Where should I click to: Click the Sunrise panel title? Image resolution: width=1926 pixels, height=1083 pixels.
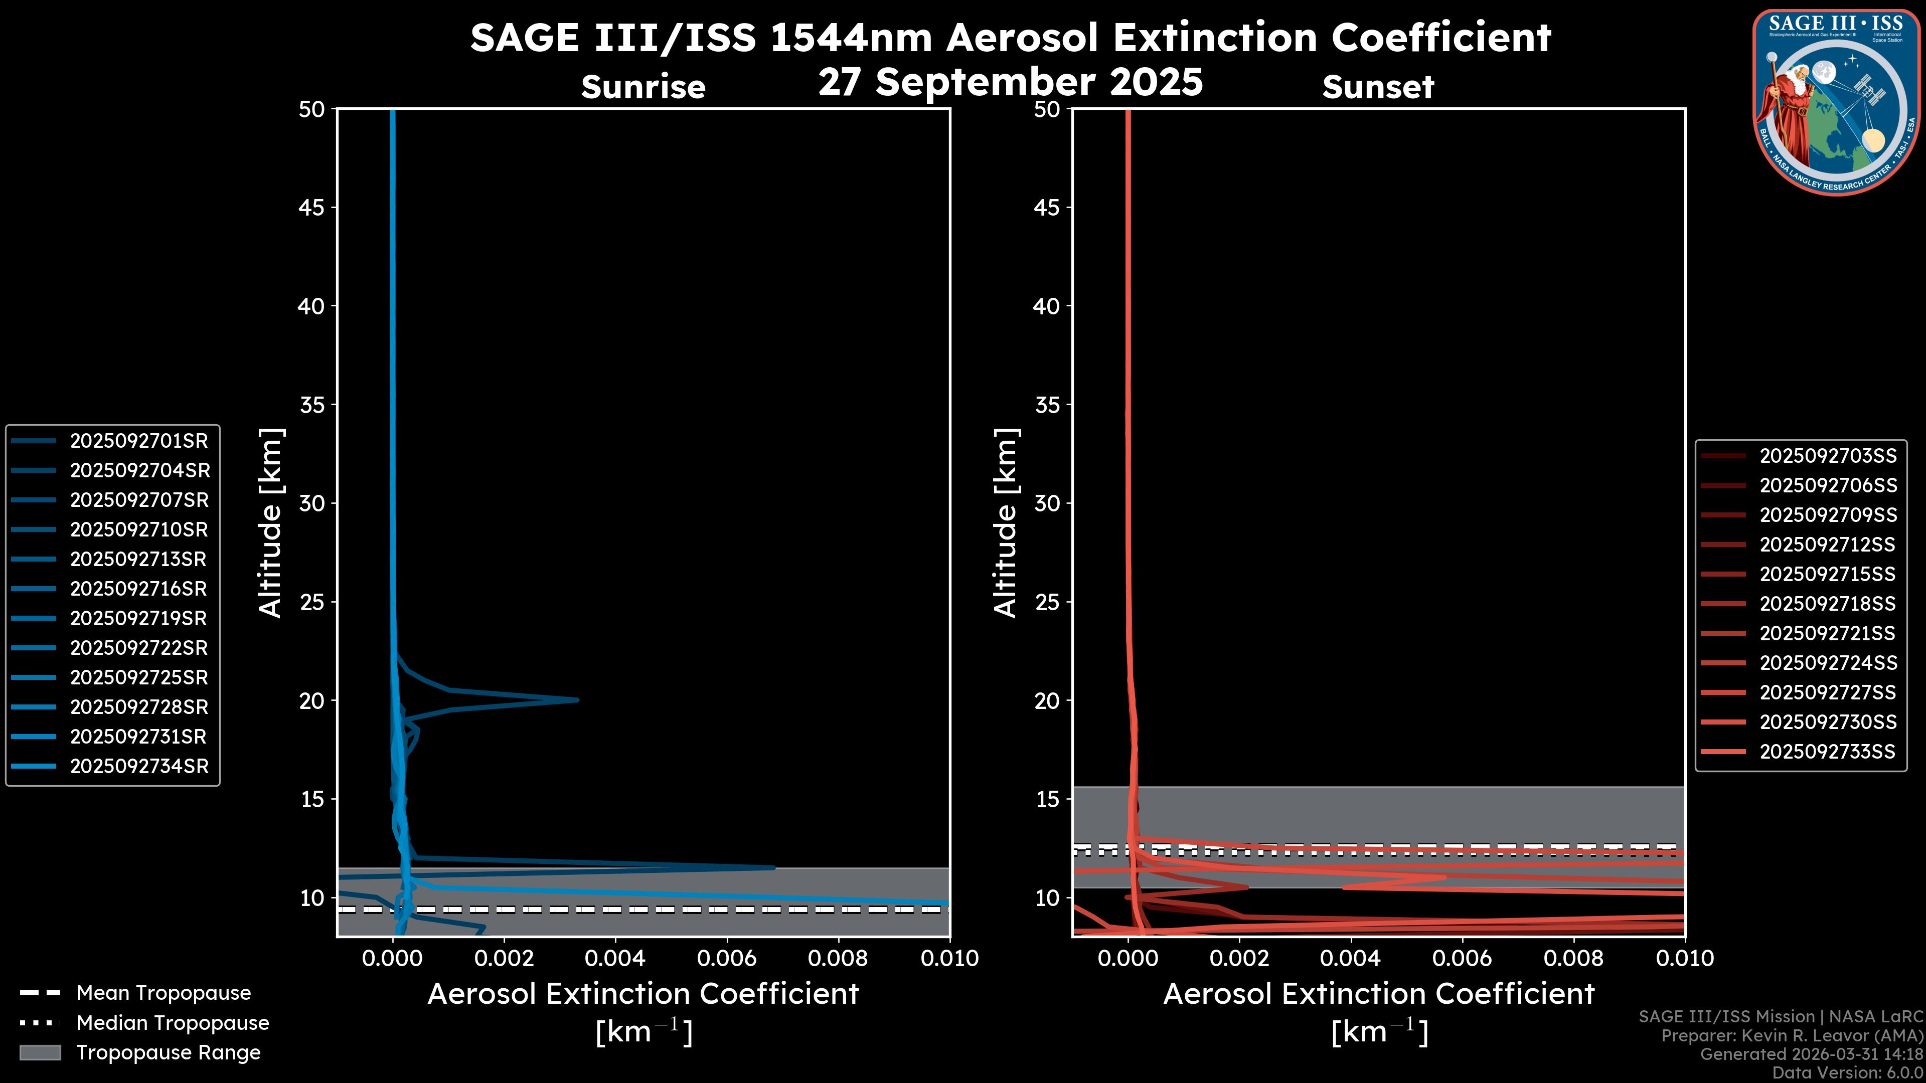coord(643,87)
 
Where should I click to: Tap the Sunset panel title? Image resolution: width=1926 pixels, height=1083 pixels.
coord(1378,87)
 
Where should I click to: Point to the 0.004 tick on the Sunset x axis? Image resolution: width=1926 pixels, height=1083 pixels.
coord(1352,958)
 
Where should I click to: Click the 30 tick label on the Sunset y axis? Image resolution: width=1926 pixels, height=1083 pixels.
coord(1047,503)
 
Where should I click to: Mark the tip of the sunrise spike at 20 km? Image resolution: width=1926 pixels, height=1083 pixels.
coord(577,699)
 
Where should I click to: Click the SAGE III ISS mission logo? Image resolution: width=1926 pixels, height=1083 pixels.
coord(1836,101)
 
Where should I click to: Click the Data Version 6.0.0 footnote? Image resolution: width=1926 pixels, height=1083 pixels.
coord(1847,1072)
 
